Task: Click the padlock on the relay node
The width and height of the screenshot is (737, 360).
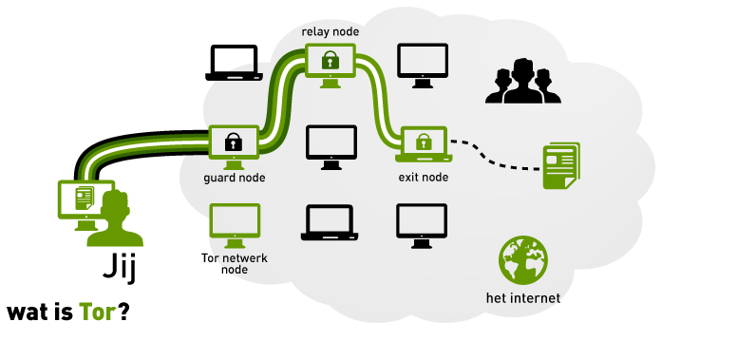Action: (x=330, y=60)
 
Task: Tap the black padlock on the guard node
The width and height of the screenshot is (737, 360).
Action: (x=233, y=142)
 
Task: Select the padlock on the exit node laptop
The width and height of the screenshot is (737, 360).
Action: (x=424, y=142)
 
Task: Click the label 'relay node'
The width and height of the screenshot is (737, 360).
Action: (x=330, y=32)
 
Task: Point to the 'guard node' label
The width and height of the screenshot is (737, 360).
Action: (x=234, y=179)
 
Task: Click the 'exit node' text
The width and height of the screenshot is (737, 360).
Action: (x=423, y=178)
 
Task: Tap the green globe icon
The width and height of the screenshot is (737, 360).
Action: (x=523, y=260)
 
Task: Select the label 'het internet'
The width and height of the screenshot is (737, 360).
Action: (x=523, y=298)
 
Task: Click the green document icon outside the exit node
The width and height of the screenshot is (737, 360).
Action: (x=561, y=166)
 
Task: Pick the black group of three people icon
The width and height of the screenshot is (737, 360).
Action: (x=522, y=81)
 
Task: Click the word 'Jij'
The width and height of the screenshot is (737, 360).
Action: (x=120, y=269)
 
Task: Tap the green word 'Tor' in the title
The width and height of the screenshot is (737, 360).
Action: (x=97, y=312)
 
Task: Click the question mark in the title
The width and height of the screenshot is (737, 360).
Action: (x=123, y=312)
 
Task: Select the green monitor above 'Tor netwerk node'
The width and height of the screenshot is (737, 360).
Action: (x=235, y=225)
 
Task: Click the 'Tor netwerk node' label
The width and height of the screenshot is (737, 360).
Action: (x=234, y=264)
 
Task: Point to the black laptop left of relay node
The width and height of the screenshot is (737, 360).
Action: (x=234, y=63)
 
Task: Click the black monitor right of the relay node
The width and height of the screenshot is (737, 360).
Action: (x=423, y=66)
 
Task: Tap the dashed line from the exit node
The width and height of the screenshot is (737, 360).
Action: (x=495, y=156)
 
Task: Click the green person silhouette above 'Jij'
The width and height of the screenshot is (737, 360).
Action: (x=115, y=218)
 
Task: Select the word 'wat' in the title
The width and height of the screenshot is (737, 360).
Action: (x=26, y=313)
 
